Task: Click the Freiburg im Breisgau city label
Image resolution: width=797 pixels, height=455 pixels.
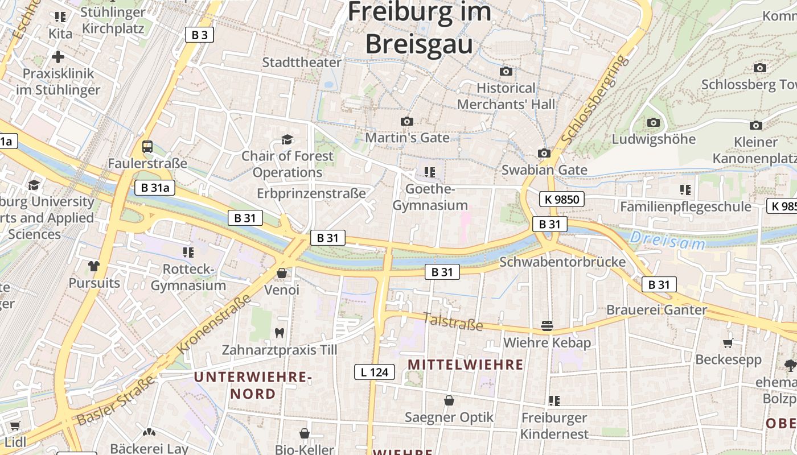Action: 419,27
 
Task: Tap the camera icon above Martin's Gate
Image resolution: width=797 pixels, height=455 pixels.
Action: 406,121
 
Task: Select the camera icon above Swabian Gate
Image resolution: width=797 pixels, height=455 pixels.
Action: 544,153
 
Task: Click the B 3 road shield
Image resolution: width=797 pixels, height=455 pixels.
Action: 199,35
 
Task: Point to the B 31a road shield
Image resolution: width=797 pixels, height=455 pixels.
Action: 155,188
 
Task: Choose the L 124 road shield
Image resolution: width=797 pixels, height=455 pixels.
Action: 374,372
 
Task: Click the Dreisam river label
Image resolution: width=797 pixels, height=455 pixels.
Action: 667,241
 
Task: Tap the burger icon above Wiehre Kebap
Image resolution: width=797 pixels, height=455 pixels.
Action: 547,326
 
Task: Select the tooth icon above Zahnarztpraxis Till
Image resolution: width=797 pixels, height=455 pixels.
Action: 280,333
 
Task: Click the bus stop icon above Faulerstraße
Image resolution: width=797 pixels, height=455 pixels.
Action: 147,147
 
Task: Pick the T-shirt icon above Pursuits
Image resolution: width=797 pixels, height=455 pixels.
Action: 94,266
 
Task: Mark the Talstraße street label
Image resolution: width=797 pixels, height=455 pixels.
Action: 453,322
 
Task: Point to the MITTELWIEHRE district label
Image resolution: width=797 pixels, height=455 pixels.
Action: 466,365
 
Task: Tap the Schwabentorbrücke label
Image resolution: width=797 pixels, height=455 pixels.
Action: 562,262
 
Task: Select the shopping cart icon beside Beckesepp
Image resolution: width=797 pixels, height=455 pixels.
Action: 728,343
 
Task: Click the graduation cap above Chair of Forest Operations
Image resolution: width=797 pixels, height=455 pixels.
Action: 287,139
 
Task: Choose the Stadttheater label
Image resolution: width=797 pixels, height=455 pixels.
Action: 302,62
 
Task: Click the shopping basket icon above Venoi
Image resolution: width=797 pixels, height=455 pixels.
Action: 281,274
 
